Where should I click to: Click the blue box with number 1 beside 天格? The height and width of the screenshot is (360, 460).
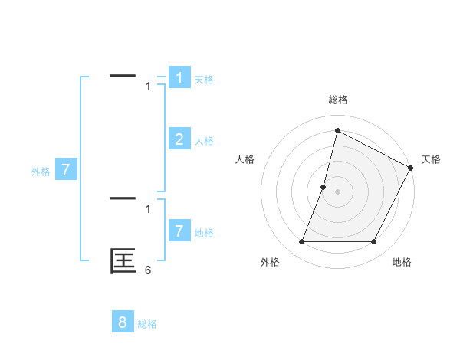179,78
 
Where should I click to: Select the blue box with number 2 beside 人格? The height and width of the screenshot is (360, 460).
179,139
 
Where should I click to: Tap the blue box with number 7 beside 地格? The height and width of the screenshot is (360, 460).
179,231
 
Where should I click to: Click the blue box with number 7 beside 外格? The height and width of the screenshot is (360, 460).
66,170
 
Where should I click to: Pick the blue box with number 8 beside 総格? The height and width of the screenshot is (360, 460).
123,322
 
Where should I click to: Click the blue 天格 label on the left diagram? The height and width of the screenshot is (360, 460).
204,80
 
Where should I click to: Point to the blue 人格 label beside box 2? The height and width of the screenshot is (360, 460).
204,141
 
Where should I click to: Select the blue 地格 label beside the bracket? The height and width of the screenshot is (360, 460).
204,233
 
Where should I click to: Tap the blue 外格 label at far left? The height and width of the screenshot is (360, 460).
41,172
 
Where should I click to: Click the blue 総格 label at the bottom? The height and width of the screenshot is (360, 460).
147,324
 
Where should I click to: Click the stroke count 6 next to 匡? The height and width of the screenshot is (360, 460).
148,270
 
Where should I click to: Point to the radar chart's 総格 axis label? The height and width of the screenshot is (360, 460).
338,100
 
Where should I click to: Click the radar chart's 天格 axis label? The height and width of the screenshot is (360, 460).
432,160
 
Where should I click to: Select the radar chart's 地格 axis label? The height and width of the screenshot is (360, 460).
402,263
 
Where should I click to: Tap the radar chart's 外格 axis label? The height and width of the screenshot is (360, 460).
270,263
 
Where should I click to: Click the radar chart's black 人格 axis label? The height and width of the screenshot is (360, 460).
245,160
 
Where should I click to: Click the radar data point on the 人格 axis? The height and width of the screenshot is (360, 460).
324,187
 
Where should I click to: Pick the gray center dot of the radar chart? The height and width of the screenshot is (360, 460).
338,191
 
